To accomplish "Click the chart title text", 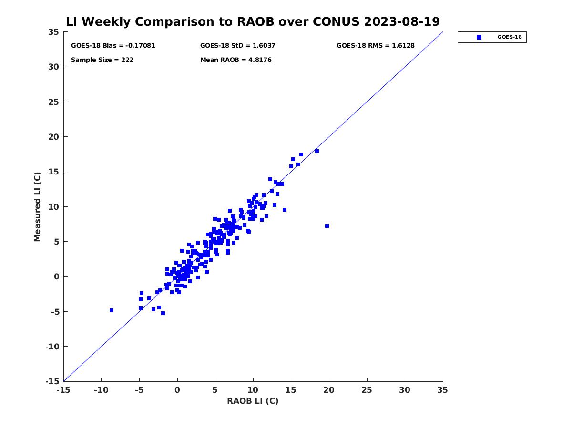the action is [253, 22].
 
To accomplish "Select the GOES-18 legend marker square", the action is [479, 37].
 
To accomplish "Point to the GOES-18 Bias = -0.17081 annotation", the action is [113, 46].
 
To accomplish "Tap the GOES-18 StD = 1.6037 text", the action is [237, 46].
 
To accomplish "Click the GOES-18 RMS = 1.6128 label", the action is [375, 46].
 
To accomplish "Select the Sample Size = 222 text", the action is [102, 60].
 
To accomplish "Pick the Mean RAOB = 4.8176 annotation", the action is [235, 60].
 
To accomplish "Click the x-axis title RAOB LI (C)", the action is [253, 401].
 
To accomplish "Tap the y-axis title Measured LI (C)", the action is [37, 207].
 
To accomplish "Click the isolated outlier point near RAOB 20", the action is [327, 226].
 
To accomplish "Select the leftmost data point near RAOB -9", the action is [111, 310].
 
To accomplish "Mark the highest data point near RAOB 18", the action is [317, 151].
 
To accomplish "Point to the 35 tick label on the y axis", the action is [54, 32].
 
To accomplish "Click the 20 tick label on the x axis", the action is [328, 390].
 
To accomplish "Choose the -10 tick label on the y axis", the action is [52, 347].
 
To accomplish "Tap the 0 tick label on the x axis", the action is [177, 390].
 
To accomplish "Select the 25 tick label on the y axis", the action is [54, 102].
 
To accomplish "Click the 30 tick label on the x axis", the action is [404, 390].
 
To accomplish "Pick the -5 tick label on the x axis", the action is [139, 390].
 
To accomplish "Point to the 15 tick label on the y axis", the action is [54, 172].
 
